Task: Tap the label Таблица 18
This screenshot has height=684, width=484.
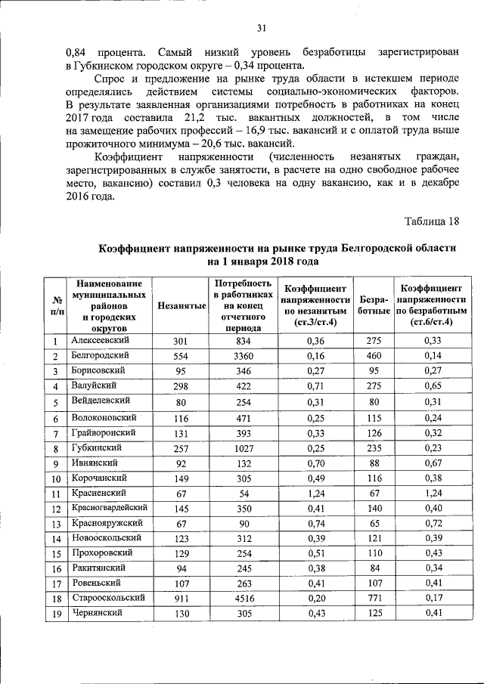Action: pyautogui.click(x=432, y=221)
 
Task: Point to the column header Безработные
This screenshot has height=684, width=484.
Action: pyautogui.click(x=374, y=305)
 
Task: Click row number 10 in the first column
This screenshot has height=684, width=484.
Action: pyautogui.click(x=56, y=479)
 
